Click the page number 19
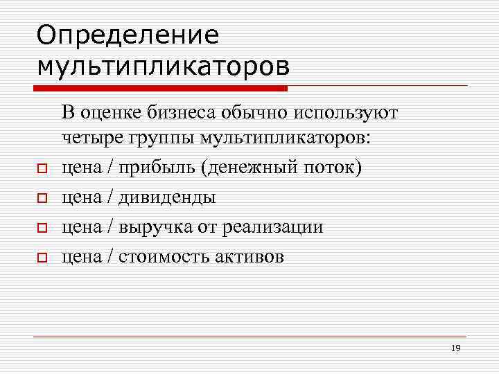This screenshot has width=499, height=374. point(455,348)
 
